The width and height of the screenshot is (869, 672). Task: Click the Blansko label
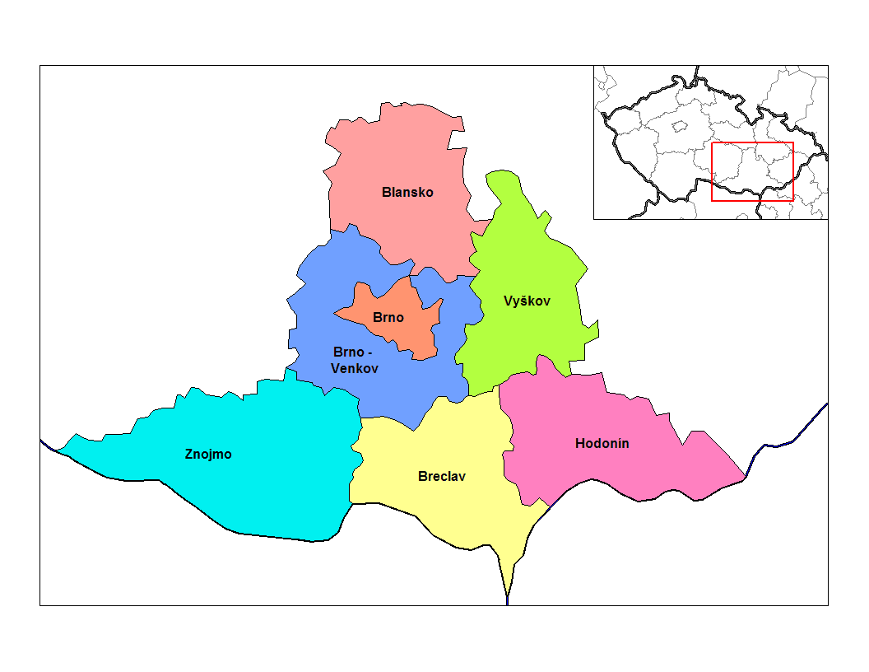click(407, 192)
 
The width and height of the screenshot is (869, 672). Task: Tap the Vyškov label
click(527, 301)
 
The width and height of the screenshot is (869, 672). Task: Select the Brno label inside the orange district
click(388, 317)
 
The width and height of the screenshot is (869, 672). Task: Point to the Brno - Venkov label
click(355, 360)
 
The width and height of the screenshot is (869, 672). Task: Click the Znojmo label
click(208, 454)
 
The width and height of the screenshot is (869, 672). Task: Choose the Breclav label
click(442, 476)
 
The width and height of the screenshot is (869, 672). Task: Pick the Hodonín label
click(602, 443)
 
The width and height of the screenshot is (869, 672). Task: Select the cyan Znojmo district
click(263, 486)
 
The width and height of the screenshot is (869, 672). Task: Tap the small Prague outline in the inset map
click(680, 126)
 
